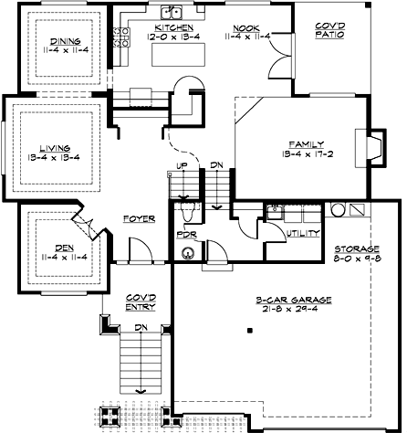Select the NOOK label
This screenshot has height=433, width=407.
pyautogui.click(x=245, y=27)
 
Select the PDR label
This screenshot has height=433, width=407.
pyautogui.click(x=186, y=235)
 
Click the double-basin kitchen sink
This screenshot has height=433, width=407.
pyautogui.click(x=171, y=13)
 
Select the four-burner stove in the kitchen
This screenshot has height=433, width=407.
pyautogui.click(x=119, y=37)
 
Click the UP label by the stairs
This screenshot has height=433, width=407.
pyautogui.click(x=181, y=165)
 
